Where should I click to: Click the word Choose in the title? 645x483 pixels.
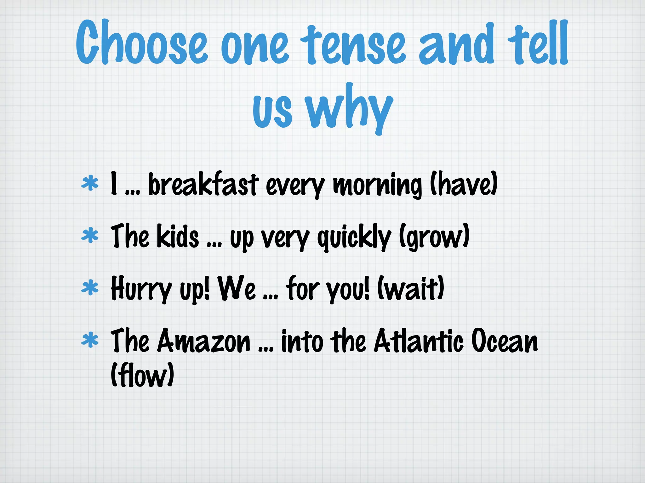pos(142,42)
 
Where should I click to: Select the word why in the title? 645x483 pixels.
pos(350,108)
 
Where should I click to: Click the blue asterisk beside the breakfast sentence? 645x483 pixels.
pos(90,183)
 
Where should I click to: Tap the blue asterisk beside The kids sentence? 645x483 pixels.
pos(90,236)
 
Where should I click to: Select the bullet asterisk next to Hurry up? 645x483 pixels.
pos(90,288)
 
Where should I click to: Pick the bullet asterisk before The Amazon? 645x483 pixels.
pos(90,340)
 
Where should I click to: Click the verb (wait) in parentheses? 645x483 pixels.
pos(411,288)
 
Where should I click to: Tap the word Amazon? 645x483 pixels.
pos(204,341)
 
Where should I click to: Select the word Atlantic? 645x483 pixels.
pos(419,341)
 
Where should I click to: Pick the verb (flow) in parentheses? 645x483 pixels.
pos(142,375)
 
